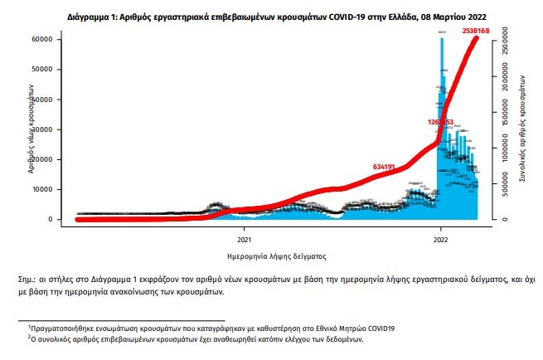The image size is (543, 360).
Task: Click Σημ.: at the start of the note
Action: pos(27,280)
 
